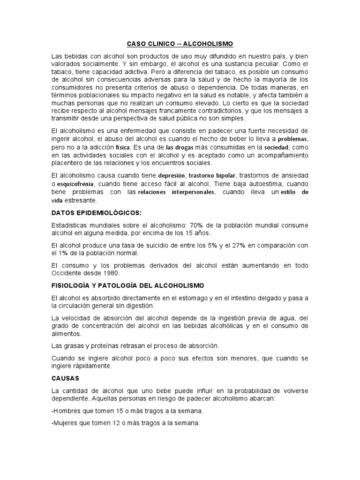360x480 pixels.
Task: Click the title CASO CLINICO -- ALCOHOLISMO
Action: pyautogui.click(x=180, y=44)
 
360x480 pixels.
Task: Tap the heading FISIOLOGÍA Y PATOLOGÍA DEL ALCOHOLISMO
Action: pyautogui.click(x=127, y=285)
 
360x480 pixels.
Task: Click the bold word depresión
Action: pyautogui.click(x=171, y=175)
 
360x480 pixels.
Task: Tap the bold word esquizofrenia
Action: pyautogui.click(x=74, y=183)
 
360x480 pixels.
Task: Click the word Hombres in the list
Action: pyautogui.click(x=67, y=411)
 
